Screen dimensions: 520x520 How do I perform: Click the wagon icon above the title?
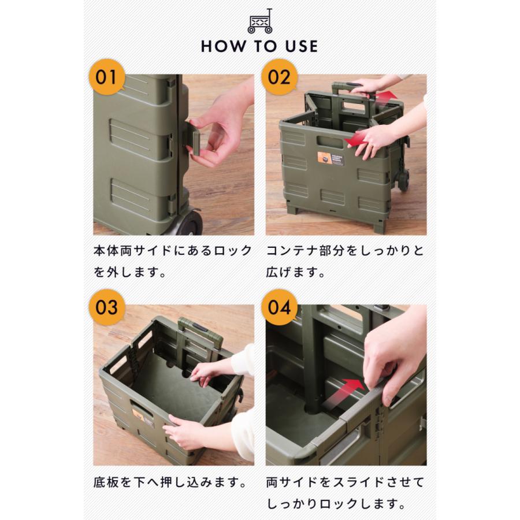click(259, 21)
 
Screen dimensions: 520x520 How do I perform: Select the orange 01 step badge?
click(107, 77)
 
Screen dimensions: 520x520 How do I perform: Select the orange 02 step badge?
click(279, 77)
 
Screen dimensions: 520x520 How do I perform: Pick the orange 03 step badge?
click(107, 307)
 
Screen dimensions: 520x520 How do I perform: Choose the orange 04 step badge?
click(279, 307)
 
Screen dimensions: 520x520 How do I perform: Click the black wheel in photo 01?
click(189, 222)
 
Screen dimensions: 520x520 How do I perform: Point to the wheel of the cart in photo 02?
click(403, 180)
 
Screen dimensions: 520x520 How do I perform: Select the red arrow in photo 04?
click(344, 392)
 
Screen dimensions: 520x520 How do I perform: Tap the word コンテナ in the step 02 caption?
click(292, 251)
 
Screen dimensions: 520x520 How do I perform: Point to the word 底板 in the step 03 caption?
click(106, 482)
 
